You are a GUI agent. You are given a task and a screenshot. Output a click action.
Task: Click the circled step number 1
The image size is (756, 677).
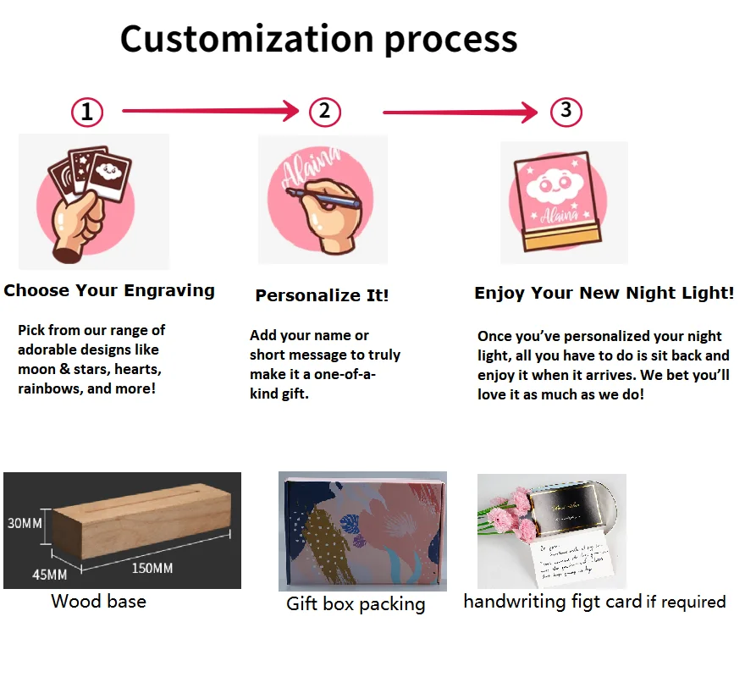coord(87,112)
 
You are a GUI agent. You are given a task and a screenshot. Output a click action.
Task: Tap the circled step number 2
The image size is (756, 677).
coord(325,111)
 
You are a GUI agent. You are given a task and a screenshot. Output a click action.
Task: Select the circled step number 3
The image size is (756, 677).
coord(566,110)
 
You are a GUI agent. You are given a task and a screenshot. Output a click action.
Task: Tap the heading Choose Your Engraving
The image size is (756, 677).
coord(109,290)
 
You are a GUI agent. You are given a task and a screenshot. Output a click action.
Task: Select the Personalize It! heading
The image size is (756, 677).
coord(323,295)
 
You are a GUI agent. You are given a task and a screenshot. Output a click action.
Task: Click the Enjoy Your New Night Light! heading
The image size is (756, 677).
coord(604,293)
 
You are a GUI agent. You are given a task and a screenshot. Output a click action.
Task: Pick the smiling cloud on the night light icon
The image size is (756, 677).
coord(562,183)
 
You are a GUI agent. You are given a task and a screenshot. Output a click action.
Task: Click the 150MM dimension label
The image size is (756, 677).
coord(152,568)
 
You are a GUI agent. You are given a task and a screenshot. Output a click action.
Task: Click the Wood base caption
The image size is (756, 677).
coord(98,602)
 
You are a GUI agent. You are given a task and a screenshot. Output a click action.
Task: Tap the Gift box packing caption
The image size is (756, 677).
coord(356,604)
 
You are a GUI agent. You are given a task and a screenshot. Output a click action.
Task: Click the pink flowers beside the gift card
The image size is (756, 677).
coord(509,516)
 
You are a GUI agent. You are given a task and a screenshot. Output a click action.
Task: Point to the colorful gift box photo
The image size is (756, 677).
coord(362,531)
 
